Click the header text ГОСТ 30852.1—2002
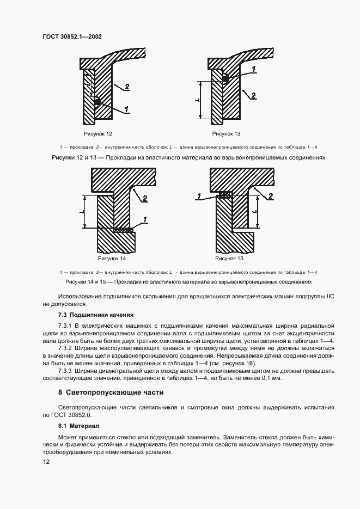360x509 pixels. [x=73, y=37]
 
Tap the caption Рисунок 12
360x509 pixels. [x=97, y=133]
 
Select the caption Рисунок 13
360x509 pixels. [x=226, y=133]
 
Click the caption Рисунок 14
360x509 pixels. [x=112, y=259]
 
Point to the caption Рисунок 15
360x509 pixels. [x=229, y=259]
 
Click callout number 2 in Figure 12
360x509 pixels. [x=126, y=87]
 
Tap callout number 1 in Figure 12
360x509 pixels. [x=126, y=109]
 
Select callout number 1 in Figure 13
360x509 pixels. [x=253, y=69]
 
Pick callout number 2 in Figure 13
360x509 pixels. [x=253, y=95]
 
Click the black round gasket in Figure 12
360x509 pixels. [x=97, y=102]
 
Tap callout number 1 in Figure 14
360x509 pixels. [x=145, y=219]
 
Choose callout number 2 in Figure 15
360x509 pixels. [x=271, y=196]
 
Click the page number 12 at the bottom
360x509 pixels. [x=46, y=461]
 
